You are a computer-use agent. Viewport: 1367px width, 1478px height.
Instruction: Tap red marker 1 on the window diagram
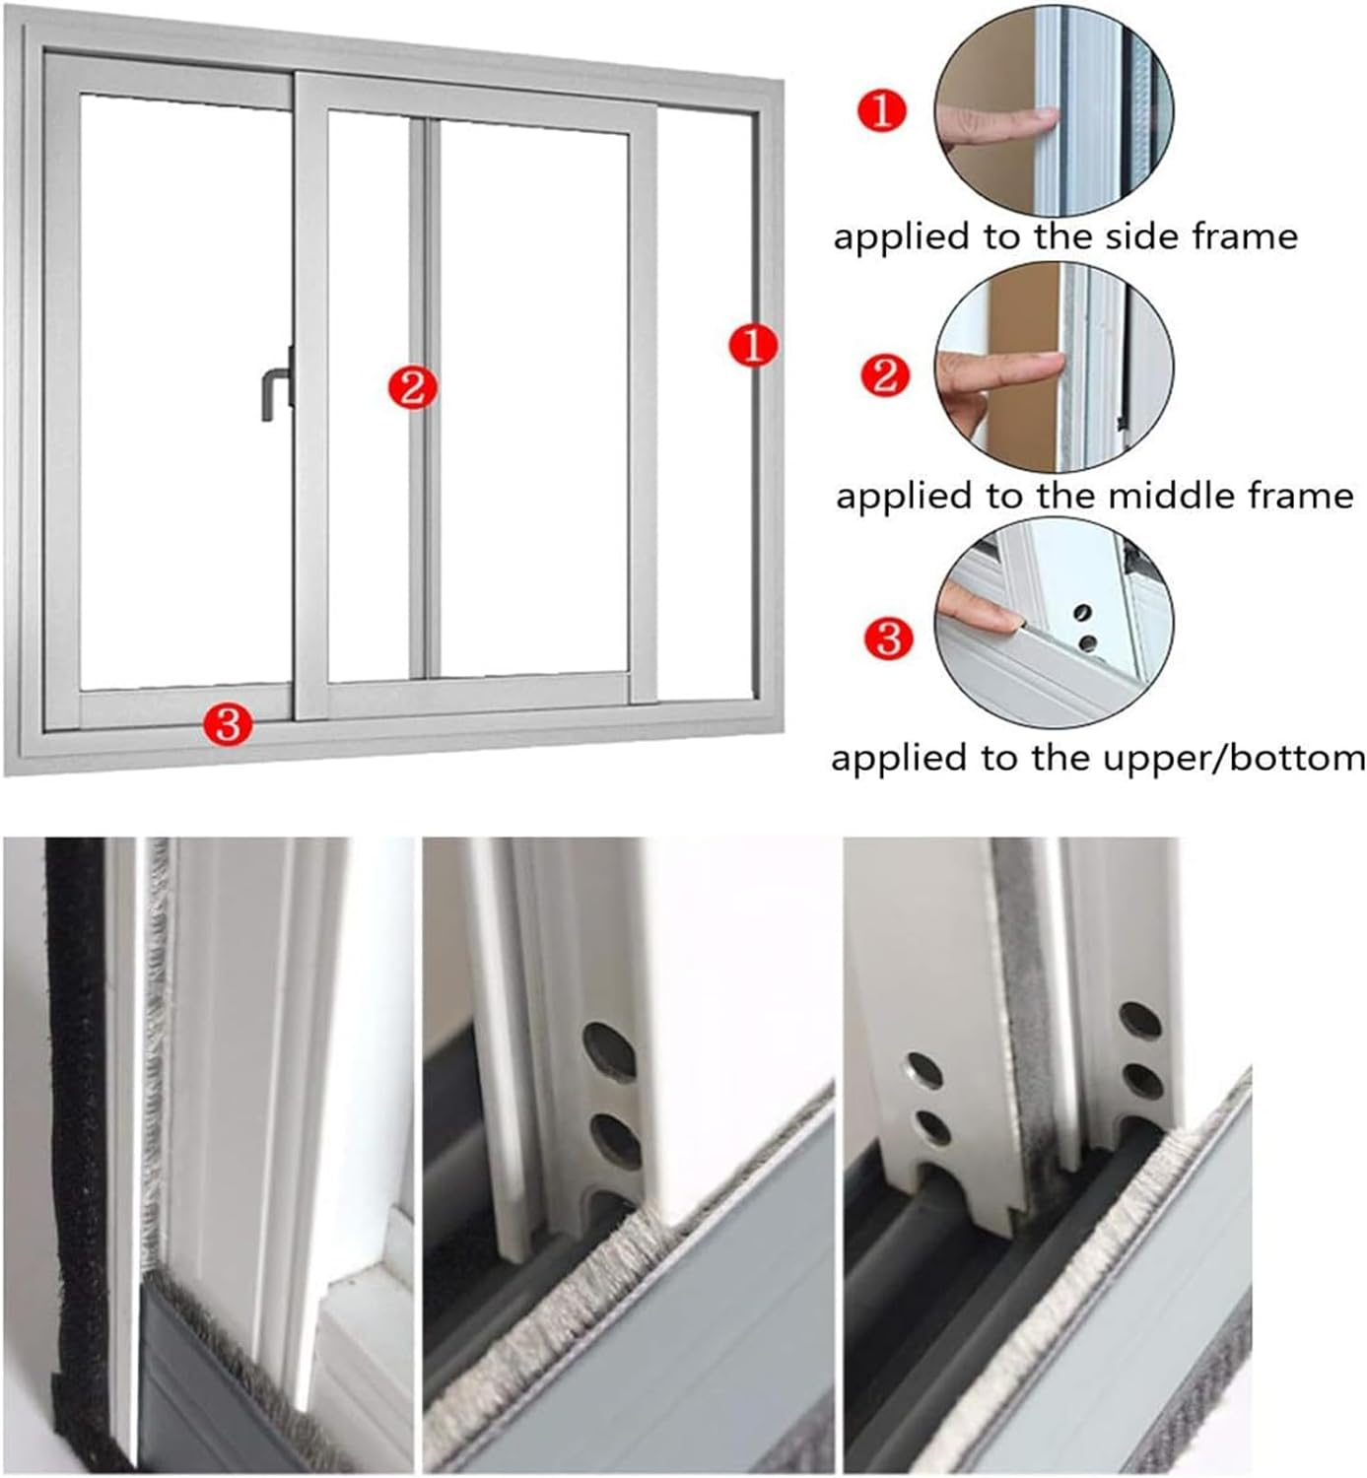pyautogui.click(x=753, y=346)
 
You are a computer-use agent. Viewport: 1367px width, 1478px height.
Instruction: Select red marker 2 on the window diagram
pyautogui.click(x=412, y=387)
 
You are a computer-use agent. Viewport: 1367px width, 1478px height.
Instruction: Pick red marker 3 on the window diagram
pyautogui.click(x=228, y=725)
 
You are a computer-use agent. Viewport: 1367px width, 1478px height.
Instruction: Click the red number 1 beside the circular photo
pyautogui.click(x=882, y=110)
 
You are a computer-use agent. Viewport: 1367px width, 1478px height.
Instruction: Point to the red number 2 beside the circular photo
pyautogui.click(x=885, y=375)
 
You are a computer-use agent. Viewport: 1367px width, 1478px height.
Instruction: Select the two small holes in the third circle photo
pyautogui.click(x=1085, y=628)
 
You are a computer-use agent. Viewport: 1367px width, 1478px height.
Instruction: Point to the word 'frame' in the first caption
pyautogui.click(x=1245, y=236)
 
